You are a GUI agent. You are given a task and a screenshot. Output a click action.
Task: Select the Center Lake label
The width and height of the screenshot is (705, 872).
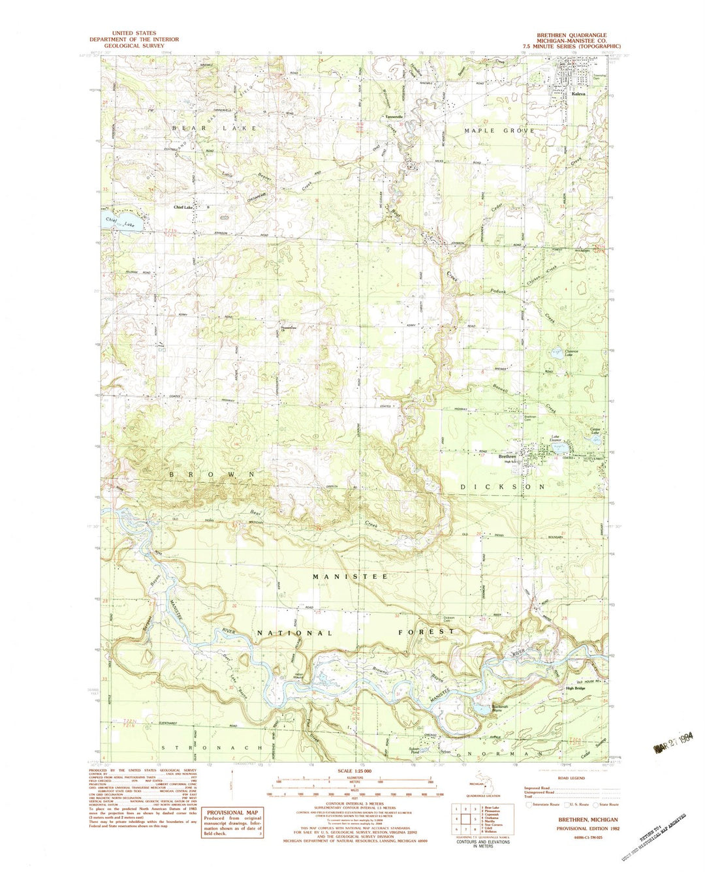(x=595, y=431)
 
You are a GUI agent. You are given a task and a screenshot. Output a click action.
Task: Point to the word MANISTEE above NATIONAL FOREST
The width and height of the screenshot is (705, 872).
(x=350, y=577)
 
